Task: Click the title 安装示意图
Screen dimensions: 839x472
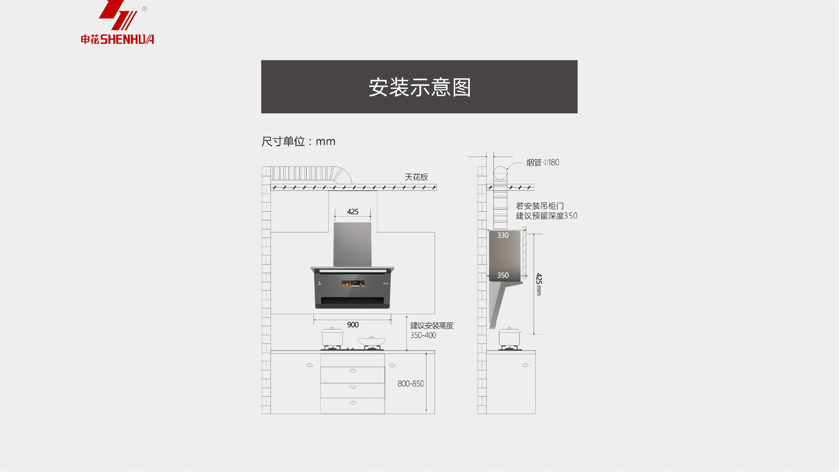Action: pos(419,87)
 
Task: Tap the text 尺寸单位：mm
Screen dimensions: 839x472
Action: pos(298,141)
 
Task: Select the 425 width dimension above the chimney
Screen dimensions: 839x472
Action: pos(352,212)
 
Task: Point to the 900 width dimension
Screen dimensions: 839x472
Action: pos(352,325)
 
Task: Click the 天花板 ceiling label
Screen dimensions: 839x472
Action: pos(416,177)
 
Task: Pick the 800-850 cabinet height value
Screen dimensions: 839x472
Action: pos(411,384)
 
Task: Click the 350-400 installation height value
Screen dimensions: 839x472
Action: pos(423,335)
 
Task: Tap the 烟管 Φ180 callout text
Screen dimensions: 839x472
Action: pos(543,163)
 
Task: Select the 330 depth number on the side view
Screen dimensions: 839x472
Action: pos(503,235)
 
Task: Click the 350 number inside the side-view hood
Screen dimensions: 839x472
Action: pos(503,275)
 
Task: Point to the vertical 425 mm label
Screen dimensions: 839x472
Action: pos(539,284)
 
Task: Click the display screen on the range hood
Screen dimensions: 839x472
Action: pos(353,284)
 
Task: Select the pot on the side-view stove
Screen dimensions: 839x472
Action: pos(509,337)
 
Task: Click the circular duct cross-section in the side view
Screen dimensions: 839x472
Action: pos(500,173)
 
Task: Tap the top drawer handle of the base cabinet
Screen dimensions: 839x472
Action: pos(352,371)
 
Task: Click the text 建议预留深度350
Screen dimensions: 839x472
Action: pos(546,216)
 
